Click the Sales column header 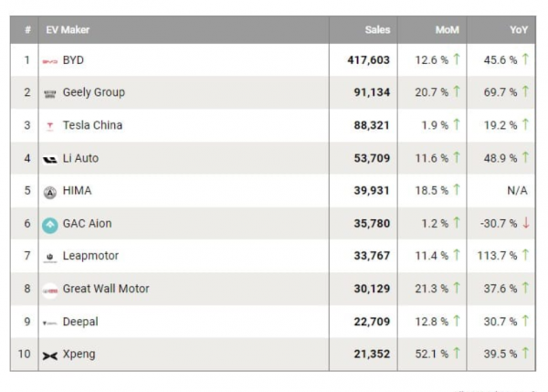point(376,30)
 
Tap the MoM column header point(448,30)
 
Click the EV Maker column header point(68,30)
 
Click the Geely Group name point(93,92)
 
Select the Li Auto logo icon point(50,159)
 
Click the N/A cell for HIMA point(516,191)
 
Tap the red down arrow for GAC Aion point(526,224)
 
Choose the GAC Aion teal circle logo point(50,224)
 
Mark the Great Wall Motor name point(106,289)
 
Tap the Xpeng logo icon point(50,355)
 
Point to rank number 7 point(26,256)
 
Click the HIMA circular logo point(50,192)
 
